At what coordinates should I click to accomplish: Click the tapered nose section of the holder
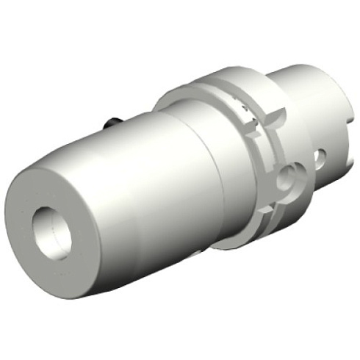(110, 198)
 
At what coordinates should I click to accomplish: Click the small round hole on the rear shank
(320, 156)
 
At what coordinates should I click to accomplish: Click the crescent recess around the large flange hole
(278, 184)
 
